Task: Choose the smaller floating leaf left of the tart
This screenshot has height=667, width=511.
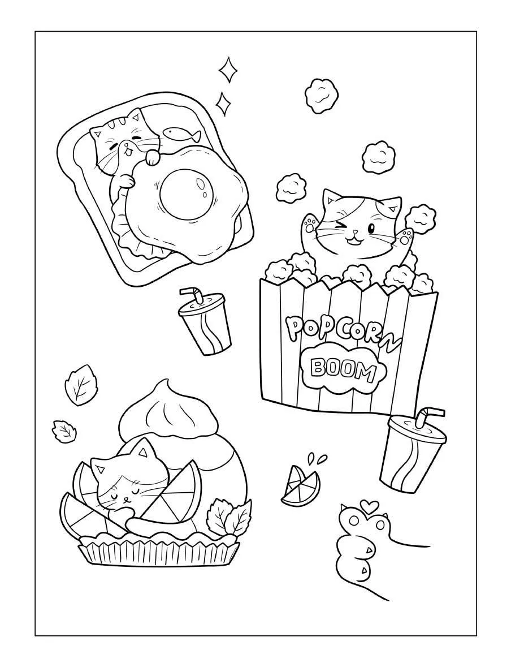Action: (x=63, y=429)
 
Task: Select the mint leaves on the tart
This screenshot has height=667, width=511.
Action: (x=229, y=515)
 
